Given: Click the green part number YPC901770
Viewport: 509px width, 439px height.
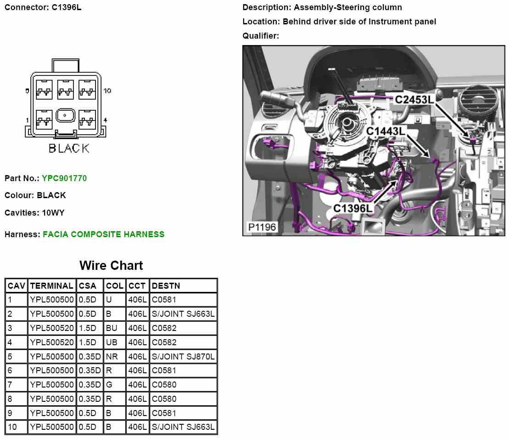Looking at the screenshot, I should coord(64,178).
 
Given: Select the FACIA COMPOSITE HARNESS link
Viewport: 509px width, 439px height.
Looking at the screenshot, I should coord(103,234).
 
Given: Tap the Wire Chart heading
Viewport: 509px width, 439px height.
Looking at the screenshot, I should coord(111,266).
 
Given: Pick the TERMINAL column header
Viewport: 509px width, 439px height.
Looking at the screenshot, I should coord(51,286).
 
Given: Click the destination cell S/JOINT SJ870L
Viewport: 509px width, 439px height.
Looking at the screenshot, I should coord(183,356).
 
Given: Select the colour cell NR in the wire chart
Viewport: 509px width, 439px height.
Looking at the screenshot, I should coord(112,356).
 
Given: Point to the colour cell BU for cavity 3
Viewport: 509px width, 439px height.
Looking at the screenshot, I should coord(112,328).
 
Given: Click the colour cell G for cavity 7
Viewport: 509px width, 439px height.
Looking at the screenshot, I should coord(109,384).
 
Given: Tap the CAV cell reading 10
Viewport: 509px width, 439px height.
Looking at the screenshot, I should coord(12,427).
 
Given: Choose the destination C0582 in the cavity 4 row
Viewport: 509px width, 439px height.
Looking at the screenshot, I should coord(164,342).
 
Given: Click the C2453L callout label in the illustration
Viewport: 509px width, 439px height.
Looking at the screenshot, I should coord(414,100).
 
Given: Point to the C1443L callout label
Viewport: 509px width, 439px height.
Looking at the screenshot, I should coord(386,131).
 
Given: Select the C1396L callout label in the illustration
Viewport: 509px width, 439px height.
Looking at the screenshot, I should coord(353,209).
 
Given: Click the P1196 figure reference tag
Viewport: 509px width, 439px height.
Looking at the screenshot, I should coord(262,228).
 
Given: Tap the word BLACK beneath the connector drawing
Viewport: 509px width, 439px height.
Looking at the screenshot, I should coord(69,148).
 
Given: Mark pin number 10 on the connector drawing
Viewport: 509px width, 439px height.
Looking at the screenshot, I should coord(107,91).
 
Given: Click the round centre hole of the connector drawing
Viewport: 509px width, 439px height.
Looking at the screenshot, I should coord(66,115).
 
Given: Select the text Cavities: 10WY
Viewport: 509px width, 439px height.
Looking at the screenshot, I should coord(34,213).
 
